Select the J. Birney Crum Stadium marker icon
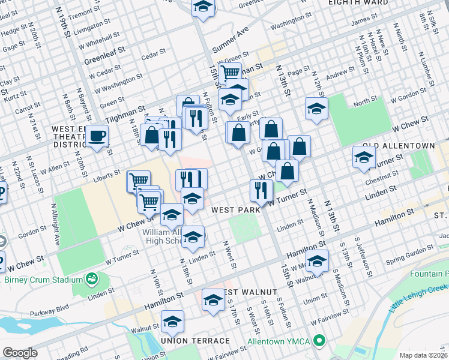click(92, 279)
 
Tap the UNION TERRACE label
click(195, 341)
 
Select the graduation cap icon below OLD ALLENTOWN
click(364, 157)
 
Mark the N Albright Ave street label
click(56, 228)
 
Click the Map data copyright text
click(424, 355)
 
